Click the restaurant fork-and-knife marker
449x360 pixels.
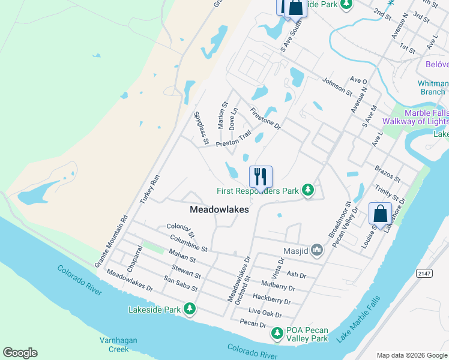pyautogui.click(x=261, y=176)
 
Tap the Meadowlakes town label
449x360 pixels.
pyautogui.click(x=219, y=209)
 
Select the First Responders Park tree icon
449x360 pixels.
pyautogui.click(x=308, y=190)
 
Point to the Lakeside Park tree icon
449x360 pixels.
pyautogui.click(x=190, y=309)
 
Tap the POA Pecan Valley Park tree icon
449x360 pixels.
pyautogui.click(x=277, y=332)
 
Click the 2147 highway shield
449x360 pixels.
pyautogui.click(x=424, y=273)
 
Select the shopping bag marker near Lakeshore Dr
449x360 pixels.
pyautogui.click(x=380, y=213)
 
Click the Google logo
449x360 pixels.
pyautogui.click(x=20, y=353)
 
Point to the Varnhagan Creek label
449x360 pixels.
pyautogui.click(x=115, y=344)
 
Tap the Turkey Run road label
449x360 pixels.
pyautogui.click(x=151, y=188)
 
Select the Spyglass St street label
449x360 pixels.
pyautogui.click(x=200, y=128)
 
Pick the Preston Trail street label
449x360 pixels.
pyautogui.click(x=234, y=140)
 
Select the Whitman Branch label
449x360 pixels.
pyautogui.click(x=433, y=88)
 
